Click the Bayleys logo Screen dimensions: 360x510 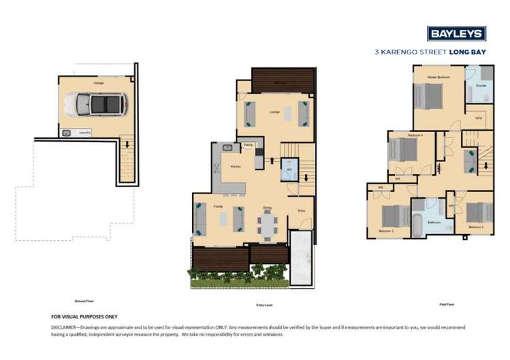click(456, 33)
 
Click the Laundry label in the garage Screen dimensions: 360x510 click(84, 133)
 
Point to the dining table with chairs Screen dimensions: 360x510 click(268, 223)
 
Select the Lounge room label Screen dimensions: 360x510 click(274, 112)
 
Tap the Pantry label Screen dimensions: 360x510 click(249, 145)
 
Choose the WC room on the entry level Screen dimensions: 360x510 click(289, 168)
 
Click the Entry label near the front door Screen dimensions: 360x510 click(301, 210)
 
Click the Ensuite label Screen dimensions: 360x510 click(481, 86)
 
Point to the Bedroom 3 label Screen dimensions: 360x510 click(476, 226)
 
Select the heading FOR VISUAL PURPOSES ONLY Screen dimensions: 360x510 click(84, 316)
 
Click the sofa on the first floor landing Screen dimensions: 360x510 click(471, 161)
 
